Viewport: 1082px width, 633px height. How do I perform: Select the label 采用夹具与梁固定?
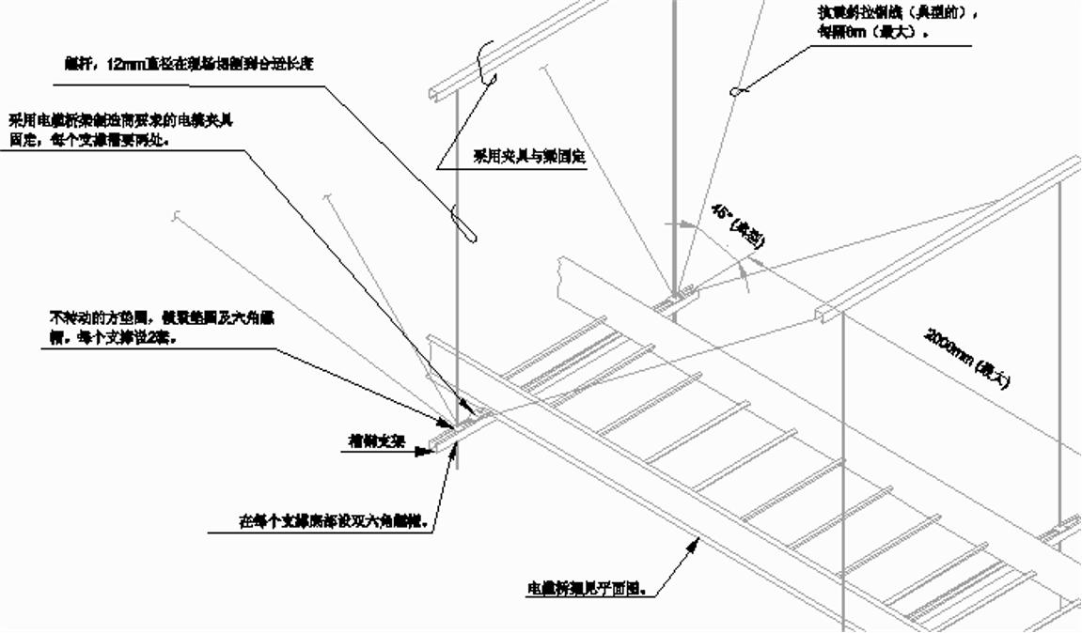pos(529,157)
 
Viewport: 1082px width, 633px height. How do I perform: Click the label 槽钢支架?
pos(376,440)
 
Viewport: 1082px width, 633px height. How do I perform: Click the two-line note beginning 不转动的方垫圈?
pos(161,329)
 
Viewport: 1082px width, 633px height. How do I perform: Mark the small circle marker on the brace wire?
pos(735,90)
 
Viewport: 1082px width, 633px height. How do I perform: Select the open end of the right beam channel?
pos(824,312)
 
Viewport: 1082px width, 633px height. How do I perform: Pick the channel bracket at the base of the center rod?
pos(675,301)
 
